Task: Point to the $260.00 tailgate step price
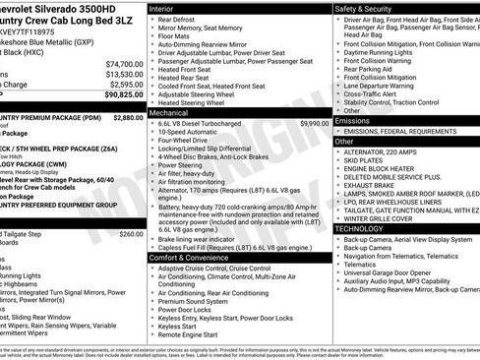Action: (x=130, y=235)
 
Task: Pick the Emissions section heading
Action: (x=353, y=120)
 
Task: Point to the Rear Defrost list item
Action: (x=176, y=19)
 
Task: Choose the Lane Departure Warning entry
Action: (x=384, y=85)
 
